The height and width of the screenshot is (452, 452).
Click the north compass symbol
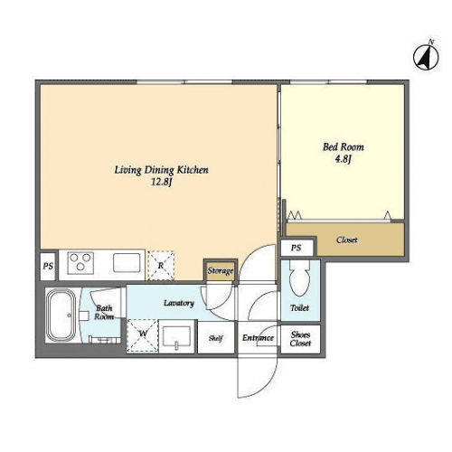tap(426, 57)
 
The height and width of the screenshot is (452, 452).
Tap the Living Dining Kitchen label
tap(161, 170)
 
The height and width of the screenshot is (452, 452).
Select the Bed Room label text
tap(344, 147)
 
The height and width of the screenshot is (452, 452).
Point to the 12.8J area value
tap(161, 183)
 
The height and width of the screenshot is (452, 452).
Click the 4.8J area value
tap(344, 159)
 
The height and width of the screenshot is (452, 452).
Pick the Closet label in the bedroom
tap(347, 240)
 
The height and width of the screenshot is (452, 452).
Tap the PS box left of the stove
tap(48, 266)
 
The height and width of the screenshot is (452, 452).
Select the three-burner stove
tap(80, 263)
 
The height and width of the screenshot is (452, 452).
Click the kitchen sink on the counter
tap(127, 263)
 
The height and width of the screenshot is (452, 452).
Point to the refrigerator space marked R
tap(161, 266)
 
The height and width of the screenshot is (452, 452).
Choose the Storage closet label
tap(221, 271)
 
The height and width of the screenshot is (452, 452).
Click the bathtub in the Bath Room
tap(61, 315)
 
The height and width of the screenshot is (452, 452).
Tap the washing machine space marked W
tap(143, 335)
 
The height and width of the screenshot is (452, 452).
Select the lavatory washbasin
tap(176, 337)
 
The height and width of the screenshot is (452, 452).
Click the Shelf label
tap(216, 338)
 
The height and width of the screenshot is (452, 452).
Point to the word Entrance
tap(258, 338)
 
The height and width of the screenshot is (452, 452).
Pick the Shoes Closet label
tap(300, 339)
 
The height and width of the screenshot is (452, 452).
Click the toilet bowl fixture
tap(299, 278)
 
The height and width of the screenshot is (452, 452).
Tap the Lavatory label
tap(179, 303)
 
